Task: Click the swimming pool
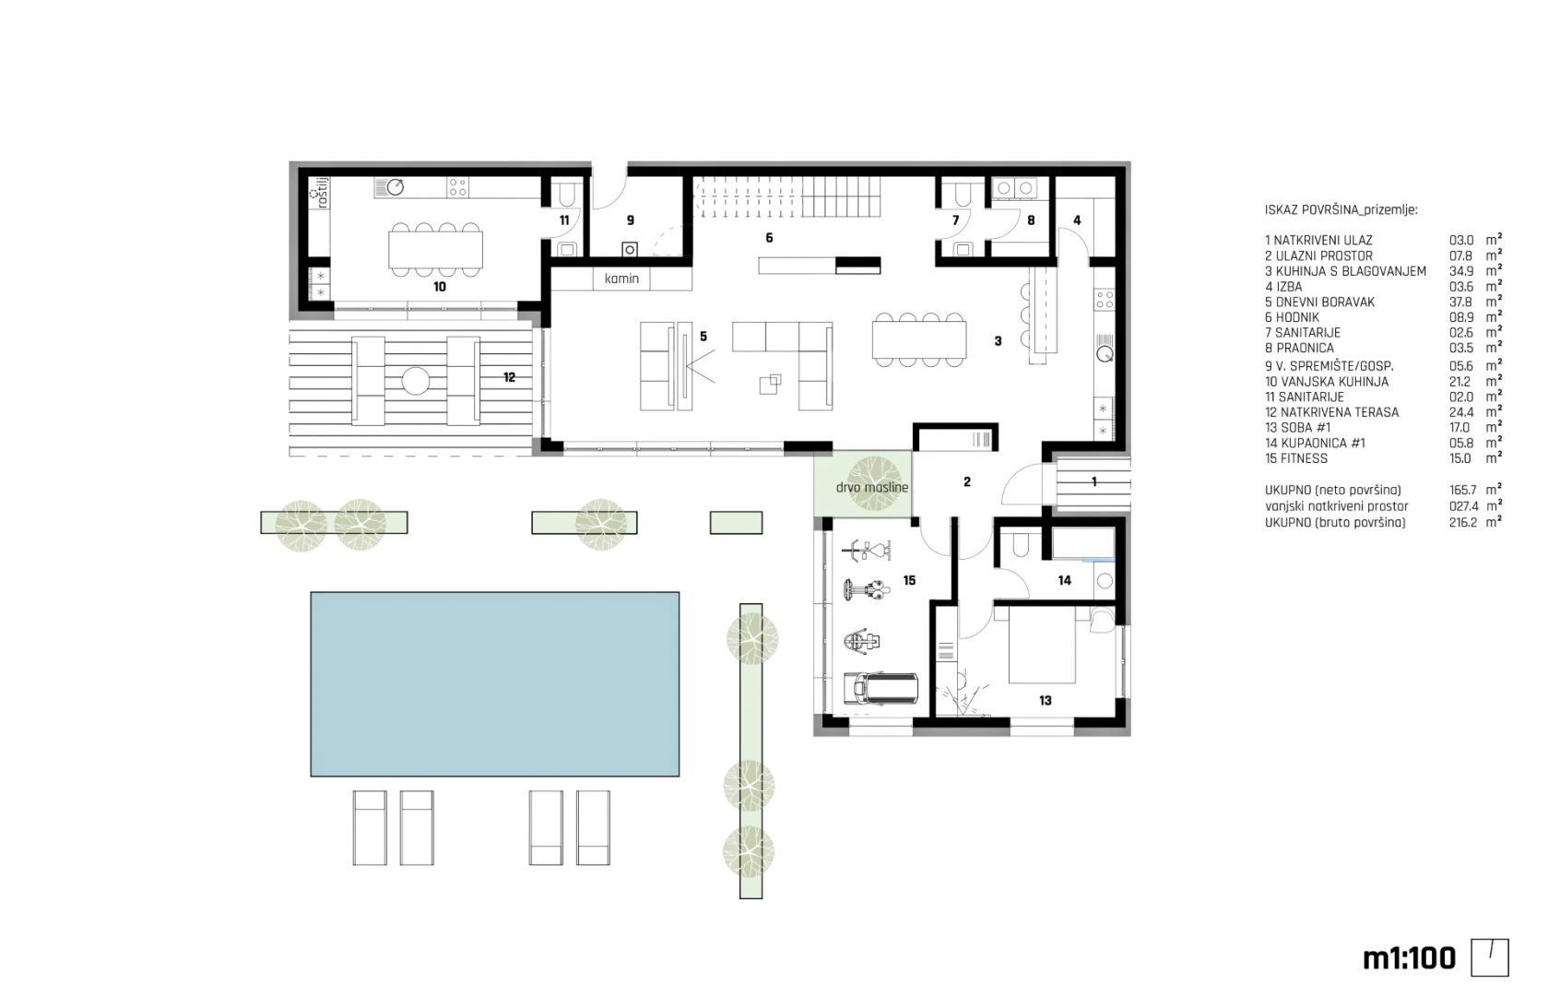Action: click(495, 683)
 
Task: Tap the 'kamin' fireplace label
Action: click(621, 279)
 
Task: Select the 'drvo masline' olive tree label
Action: click(872, 487)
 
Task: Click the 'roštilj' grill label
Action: click(321, 192)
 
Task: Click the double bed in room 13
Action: click(1042, 645)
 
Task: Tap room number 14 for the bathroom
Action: click(1064, 581)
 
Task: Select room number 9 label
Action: click(631, 220)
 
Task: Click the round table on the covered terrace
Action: click(415, 381)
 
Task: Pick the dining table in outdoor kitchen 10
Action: click(435, 250)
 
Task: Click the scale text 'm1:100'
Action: click(1409, 958)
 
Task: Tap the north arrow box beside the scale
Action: click(1490, 957)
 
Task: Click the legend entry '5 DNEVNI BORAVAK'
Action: click(1320, 302)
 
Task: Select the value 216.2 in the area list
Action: click(1463, 523)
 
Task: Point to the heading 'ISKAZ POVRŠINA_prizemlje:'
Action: click(1341, 209)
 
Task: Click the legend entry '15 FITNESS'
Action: click(1296, 458)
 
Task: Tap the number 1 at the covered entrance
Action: click(1093, 481)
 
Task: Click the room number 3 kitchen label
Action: click(998, 340)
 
